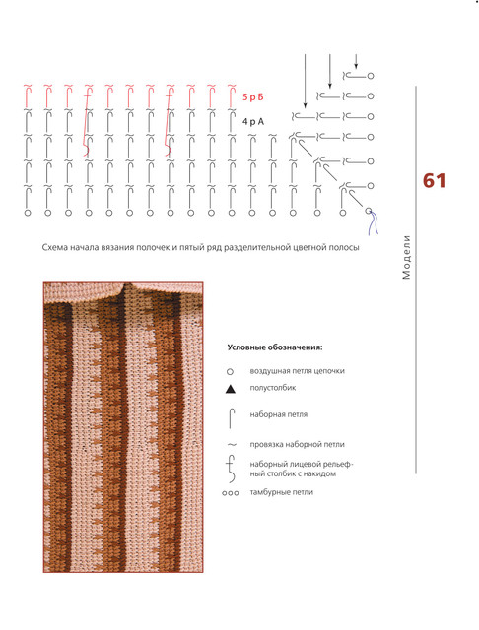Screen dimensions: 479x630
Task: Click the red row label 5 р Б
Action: tap(253, 96)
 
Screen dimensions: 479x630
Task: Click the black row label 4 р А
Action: tap(253, 121)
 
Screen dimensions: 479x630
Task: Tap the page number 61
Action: tap(434, 181)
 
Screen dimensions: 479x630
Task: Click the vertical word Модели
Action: tap(407, 257)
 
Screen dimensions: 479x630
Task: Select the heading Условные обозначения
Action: tap(275, 347)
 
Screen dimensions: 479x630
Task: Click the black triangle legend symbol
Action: tap(230, 389)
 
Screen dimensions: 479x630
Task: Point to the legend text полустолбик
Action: tap(273, 388)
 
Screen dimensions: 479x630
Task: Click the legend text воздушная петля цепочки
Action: tap(298, 371)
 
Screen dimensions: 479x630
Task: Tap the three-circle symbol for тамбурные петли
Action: tap(230, 493)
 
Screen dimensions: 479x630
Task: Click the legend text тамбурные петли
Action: tap(282, 492)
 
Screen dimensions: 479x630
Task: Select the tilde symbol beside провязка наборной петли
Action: tap(232, 444)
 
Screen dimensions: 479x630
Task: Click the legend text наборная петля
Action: tap(279, 414)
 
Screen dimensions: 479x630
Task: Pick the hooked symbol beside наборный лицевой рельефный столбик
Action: tap(231, 469)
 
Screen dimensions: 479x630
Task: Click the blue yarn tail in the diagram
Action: tap(374, 223)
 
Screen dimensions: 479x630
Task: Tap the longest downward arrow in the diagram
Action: tap(305, 81)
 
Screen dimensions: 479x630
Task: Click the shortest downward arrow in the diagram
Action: tap(356, 61)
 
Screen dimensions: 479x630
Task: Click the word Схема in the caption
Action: tap(54, 247)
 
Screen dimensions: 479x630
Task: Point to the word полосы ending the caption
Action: tap(345, 247)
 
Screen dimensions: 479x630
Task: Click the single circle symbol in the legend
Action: tap(230, 372)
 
